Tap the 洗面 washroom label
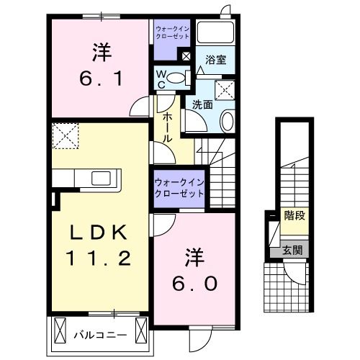tap(201, 104)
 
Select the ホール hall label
tap(166, 126)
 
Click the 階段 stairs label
tap(294, 214)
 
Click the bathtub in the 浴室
tap(216, 33)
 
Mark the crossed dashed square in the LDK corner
tap(66, 134)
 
